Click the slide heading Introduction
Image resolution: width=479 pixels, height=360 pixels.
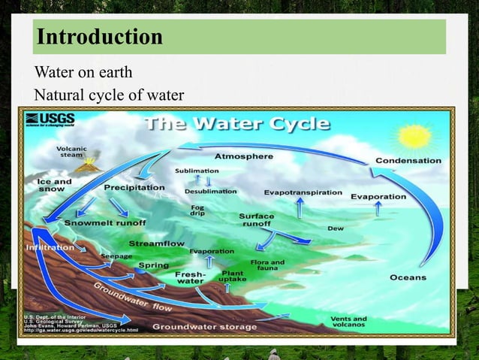[100, 37]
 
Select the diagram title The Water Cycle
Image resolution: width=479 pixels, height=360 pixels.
[237, 124]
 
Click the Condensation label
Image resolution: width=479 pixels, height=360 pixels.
[408, 161]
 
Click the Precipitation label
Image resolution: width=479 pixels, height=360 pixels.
[134, 187]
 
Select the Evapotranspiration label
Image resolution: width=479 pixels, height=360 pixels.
[303, 192]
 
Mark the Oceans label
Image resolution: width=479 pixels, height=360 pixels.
[408, 277]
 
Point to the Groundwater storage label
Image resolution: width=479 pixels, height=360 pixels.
[204, 327]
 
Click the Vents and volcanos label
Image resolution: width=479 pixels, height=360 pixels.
[349, 322]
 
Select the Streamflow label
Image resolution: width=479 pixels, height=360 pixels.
[157, 244]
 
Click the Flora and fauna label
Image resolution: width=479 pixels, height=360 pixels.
[267, 265]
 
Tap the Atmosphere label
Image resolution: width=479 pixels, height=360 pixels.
[244, 157]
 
